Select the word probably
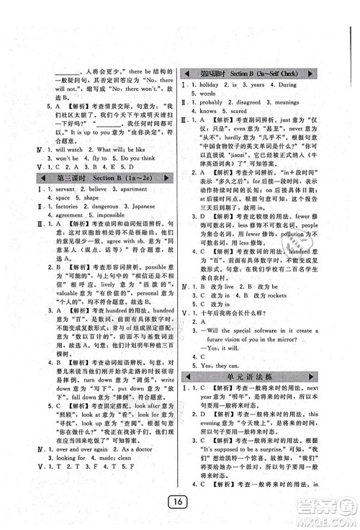click(x=217, y=103)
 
